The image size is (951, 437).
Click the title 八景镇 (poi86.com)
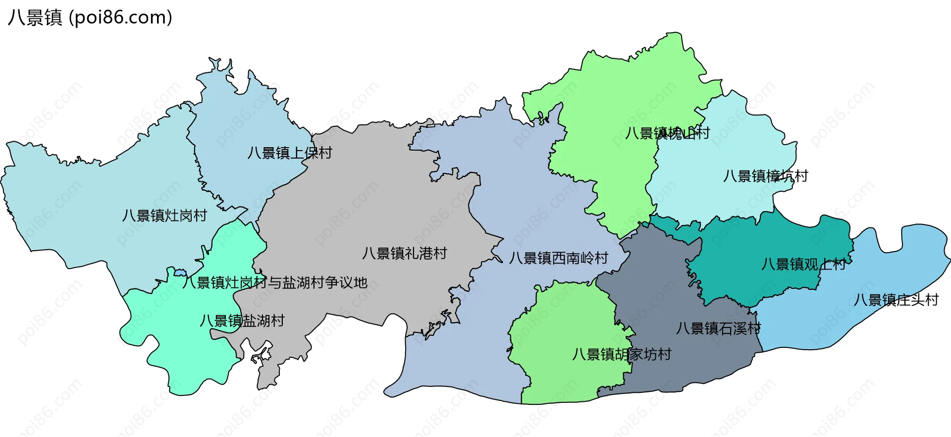90,18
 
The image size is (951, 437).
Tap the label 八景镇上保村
290,153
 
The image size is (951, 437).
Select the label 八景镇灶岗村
164,216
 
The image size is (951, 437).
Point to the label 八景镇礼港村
404,253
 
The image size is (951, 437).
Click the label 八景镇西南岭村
558,258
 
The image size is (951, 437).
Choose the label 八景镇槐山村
667,133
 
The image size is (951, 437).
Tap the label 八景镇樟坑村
765,176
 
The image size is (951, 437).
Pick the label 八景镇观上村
803,264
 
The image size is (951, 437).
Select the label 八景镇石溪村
718,328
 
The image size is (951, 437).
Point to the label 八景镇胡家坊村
621,354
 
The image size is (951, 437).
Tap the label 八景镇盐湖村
242,321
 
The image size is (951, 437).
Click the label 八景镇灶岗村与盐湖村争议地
274,282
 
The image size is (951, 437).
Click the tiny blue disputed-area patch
180,273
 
